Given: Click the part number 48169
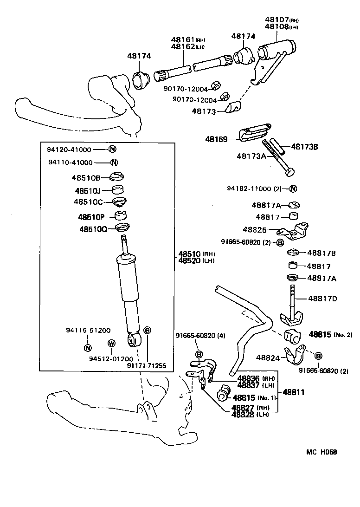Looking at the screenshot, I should [216, 138].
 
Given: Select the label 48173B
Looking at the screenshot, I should [305, 147].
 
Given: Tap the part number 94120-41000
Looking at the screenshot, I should [70, 149].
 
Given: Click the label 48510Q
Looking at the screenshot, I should [93, 229].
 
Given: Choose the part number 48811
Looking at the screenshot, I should [294, 392].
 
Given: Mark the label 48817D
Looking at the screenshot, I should [322, 298].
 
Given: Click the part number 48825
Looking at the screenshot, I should [255, 229].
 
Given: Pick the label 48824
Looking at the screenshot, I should [268, 357].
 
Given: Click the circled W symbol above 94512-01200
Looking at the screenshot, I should [111, 343].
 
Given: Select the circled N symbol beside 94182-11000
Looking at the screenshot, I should [293, 188].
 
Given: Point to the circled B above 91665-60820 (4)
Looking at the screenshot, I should [199, 354].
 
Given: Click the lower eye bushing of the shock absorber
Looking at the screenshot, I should [135, 340].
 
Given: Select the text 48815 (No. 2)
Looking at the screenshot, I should [330, 334].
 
